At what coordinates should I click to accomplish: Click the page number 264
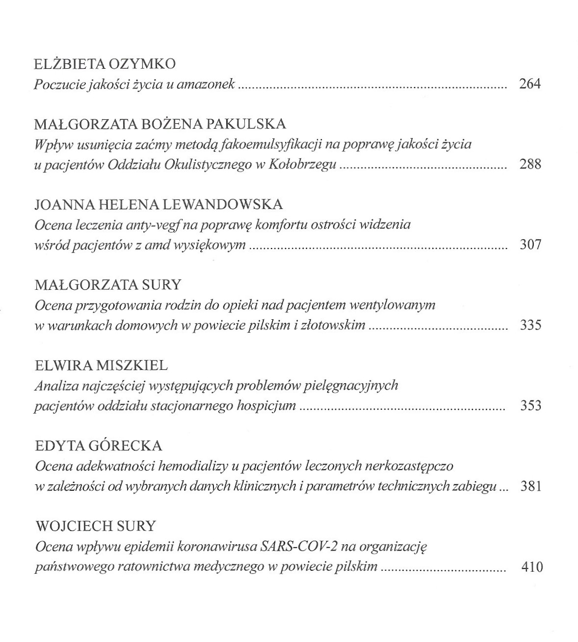[x=530, y=84]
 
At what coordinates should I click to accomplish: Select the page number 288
[x=530, y=164]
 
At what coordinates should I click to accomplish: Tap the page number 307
[x=530, y=244]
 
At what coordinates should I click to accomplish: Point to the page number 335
[x=530, y=325]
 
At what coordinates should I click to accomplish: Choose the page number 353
[x=530, y=405]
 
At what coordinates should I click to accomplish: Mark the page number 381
[x=530, y=486]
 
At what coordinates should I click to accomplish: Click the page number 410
[x=532, y=567]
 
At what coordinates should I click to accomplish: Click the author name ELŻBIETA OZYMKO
[x=105, y=64]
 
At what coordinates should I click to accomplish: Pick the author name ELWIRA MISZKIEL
[x=102, y=365]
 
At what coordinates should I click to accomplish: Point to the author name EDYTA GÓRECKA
[x=99, y=446]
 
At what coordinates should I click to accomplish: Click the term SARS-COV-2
[x=296, y=546]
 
